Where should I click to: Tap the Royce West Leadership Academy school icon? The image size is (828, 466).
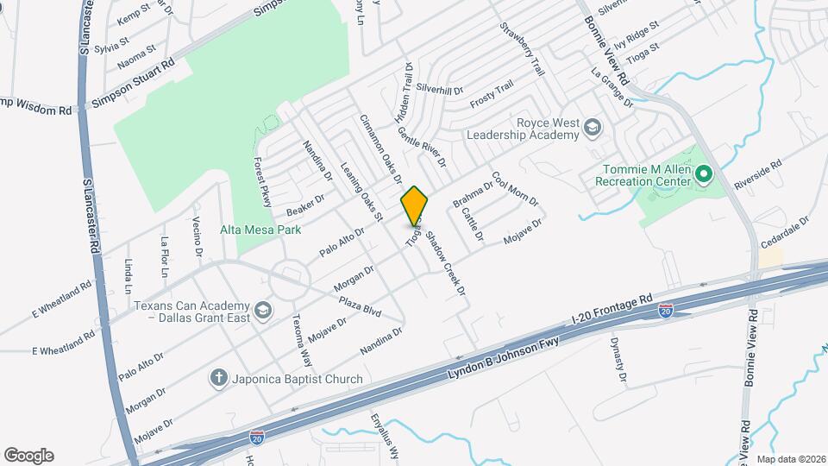pyautogui.click(x=592, y=129)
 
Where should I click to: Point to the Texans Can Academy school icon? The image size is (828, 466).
pyautogui.click(x=261, y=310)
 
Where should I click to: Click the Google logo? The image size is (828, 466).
pyautogui.click(x=28, y=456)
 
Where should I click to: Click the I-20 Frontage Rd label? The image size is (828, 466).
pyautogui.click(x=612, y=312)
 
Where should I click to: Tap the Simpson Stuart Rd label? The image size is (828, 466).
pyautogui.click(x=134, y=83)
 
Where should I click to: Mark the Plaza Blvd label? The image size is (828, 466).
pyautogui.click(x=360, y=305)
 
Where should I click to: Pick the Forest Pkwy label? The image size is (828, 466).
pyautogui.click(x=262, y=182)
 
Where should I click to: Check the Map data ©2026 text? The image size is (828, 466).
pyautogui.click(x=790, y=459)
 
